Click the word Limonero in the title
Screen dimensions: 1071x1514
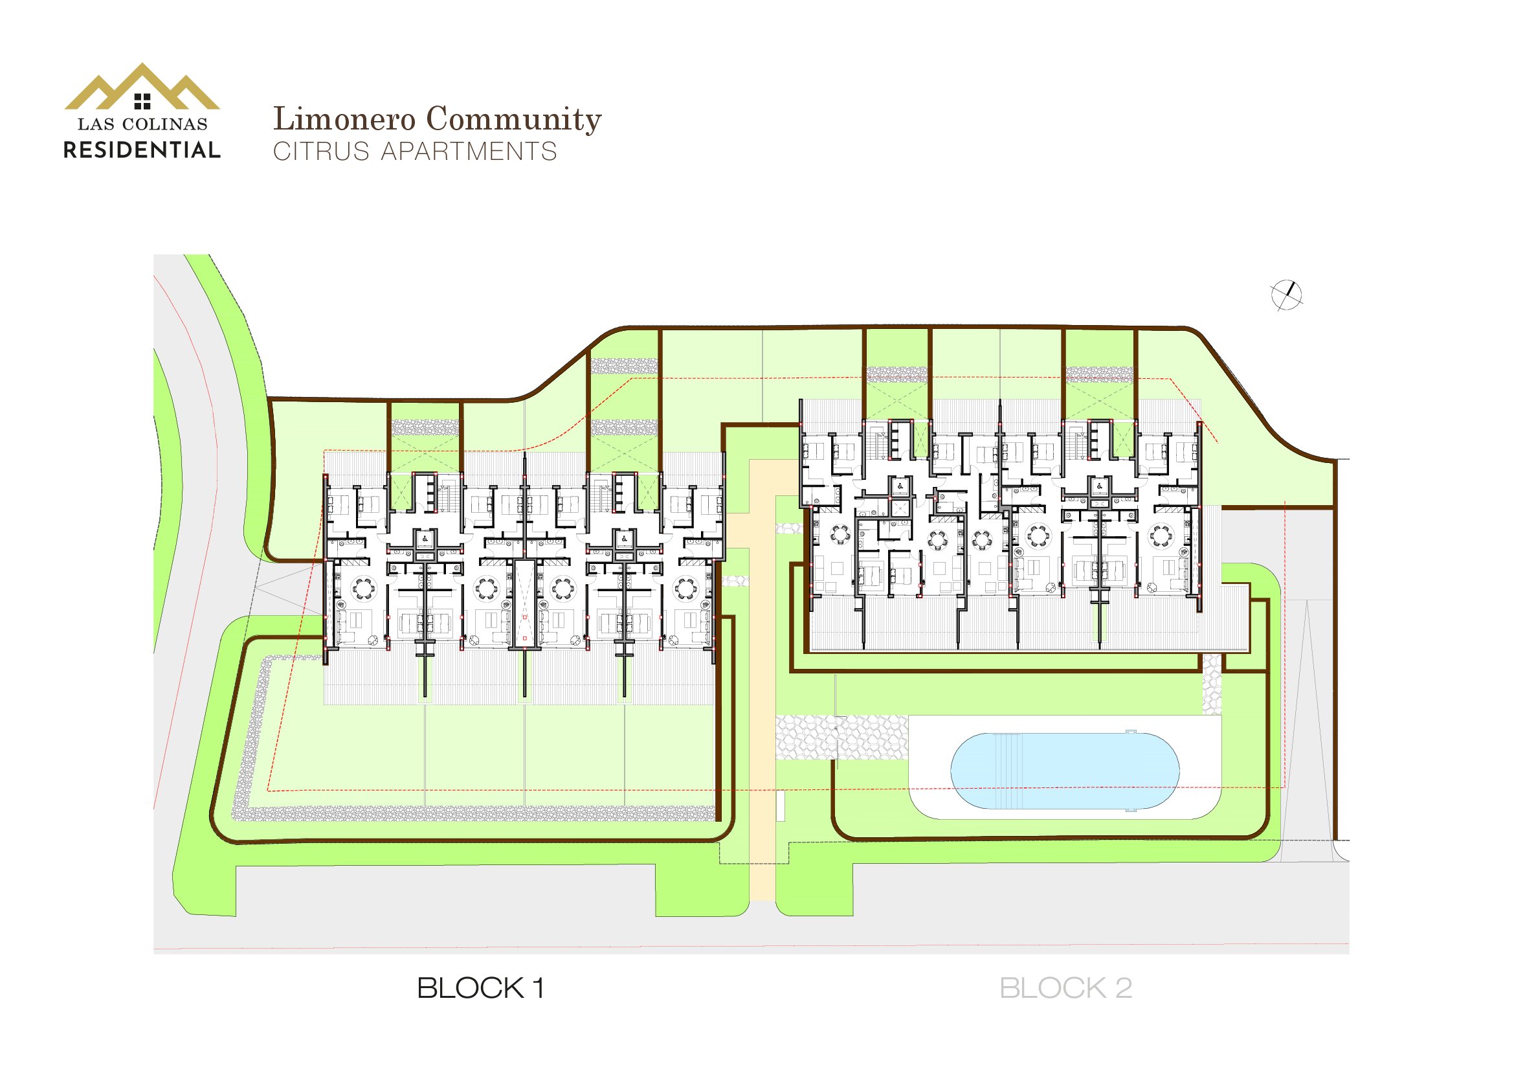[x=344, y=119]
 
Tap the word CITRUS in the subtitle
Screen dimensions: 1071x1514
[x=321, y=152]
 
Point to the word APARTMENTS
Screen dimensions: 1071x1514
[x=469, y=152]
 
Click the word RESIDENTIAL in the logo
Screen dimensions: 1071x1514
[x=142, y=150]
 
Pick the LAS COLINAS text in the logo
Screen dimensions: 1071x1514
[x=142, y=124]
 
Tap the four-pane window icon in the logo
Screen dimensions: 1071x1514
[x=142, y=101]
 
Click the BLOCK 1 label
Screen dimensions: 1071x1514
[x=481, y=988]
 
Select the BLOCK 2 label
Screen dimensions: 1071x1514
[x=1065, y=988]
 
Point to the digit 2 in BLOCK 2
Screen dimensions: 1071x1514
[x=1124, y=988]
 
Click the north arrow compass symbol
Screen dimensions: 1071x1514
[x=1287, y=295]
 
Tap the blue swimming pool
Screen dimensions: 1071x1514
[x=1064, y=771]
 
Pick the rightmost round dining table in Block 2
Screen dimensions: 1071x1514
[x=1161, y=535]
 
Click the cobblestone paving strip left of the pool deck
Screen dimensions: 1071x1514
[x=841, y=738]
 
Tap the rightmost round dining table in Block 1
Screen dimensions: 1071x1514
[x=685, y=587]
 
